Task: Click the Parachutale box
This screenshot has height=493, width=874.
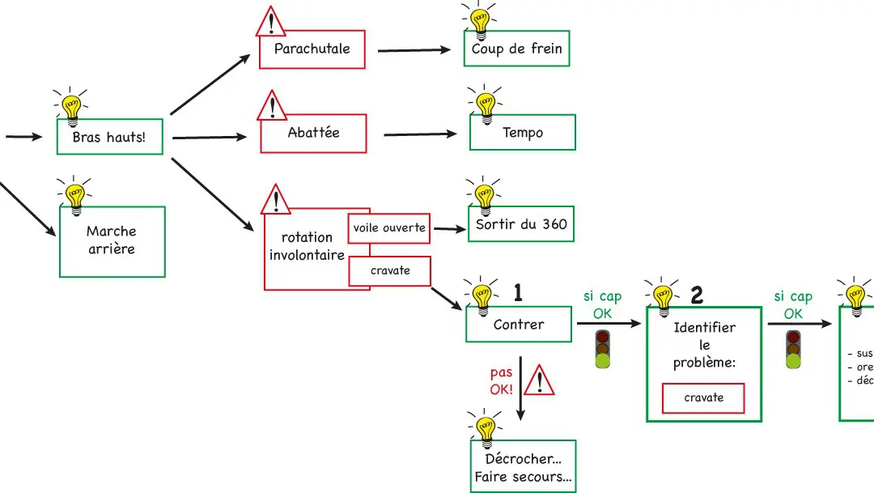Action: tap(312, 49)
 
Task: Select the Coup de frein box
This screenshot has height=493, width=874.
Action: tap(516, 49)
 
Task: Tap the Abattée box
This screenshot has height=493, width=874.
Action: tap(313, 134)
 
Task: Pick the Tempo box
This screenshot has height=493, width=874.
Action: tap(522, 133)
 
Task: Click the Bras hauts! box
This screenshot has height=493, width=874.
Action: tap(109, 137)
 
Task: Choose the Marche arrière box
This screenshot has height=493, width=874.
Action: tap(111, 241)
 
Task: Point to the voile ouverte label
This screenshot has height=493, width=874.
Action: tap(389, 228)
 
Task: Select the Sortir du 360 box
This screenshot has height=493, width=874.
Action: tap(521, 224)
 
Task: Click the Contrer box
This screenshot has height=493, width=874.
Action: tap(519, 325)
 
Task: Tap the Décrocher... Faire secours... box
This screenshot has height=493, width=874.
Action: tap(523, 468)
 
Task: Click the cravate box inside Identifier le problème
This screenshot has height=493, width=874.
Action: tap(703, 397)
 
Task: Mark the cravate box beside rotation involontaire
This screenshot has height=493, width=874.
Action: tap(389, 271)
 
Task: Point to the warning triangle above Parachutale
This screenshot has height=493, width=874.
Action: tap(273, 22)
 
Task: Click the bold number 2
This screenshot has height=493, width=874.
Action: tap(697, 295)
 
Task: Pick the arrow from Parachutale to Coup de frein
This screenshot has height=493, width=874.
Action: tap(414, 50)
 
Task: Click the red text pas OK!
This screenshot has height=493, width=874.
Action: tap(502, 380)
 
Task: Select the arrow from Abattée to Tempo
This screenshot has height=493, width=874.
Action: tap(419, 134)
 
